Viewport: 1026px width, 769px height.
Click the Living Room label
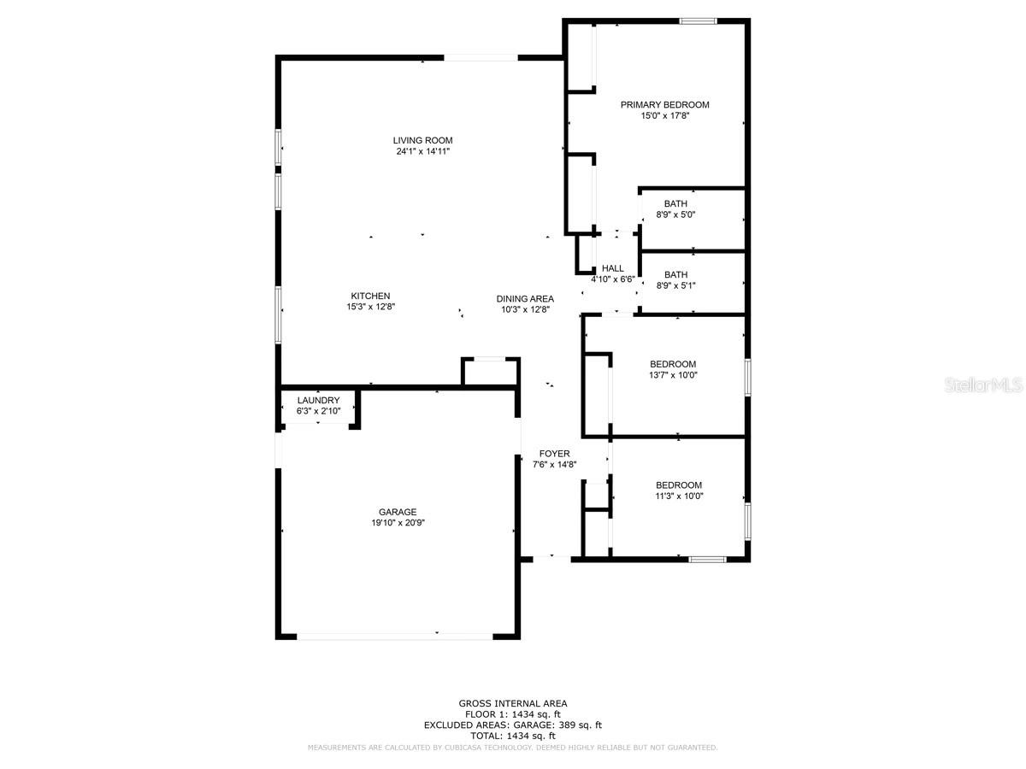[x=422, y=140]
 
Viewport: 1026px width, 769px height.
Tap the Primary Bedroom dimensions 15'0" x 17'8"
[x=664, y=115]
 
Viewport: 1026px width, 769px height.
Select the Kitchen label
[x=369, y=296]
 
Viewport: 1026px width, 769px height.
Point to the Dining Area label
[x=525, y=299]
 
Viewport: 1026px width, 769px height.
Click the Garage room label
[x=398, y=513]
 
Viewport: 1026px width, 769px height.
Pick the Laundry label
[x=318, y=401]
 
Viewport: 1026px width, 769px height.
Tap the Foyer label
[x=554, y=454]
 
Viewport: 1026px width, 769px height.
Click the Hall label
[x=613, y=268]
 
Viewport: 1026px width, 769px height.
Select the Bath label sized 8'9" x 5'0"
[x=675, y=203]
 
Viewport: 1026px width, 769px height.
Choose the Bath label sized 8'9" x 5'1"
[x=675, y=275]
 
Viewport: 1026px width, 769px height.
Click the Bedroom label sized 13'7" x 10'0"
[x=673, y=364]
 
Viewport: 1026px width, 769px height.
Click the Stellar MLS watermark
[x=982, y=386]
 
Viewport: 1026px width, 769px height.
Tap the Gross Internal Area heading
[x=512, y=703]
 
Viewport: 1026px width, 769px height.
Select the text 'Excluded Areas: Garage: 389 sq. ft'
[x=512, y=725]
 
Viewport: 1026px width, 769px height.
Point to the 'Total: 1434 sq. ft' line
[x=512, y=736]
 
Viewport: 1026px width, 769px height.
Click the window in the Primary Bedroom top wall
[x=698, y=21]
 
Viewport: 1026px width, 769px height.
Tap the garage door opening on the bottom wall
[x=394, y=635]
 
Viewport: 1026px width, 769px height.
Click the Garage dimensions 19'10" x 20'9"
[x=398, y=523]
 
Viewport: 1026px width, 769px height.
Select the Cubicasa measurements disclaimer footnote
[x=512, y=748]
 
